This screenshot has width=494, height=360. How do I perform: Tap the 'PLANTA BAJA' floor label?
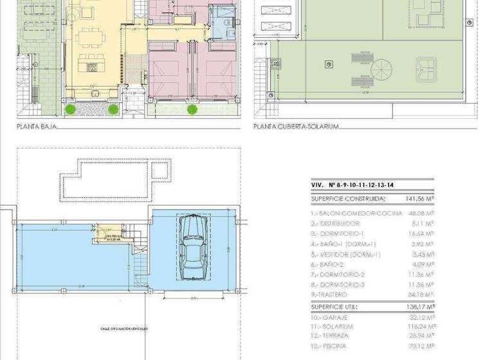tap(37, 127)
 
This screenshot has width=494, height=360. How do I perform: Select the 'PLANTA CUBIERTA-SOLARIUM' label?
tap(296, 127)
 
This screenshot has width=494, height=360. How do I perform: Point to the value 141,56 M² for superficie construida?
tap(419, 199)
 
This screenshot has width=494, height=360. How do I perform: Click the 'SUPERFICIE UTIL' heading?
tap(336, 307)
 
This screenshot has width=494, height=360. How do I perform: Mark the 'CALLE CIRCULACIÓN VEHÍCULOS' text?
tap(123, 328)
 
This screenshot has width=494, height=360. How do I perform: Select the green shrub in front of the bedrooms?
tap(192, 109)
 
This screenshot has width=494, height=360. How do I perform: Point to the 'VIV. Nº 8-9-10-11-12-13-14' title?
tap(352, 185)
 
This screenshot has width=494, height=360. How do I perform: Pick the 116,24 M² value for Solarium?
tap(421, 326)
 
